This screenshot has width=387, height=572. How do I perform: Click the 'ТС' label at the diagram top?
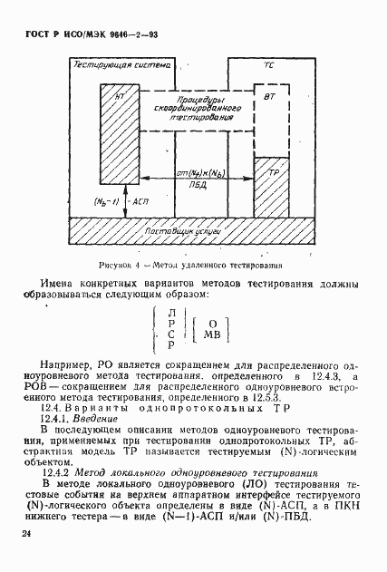pos(268,66)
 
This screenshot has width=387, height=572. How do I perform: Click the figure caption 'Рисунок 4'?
pos(118,267)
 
